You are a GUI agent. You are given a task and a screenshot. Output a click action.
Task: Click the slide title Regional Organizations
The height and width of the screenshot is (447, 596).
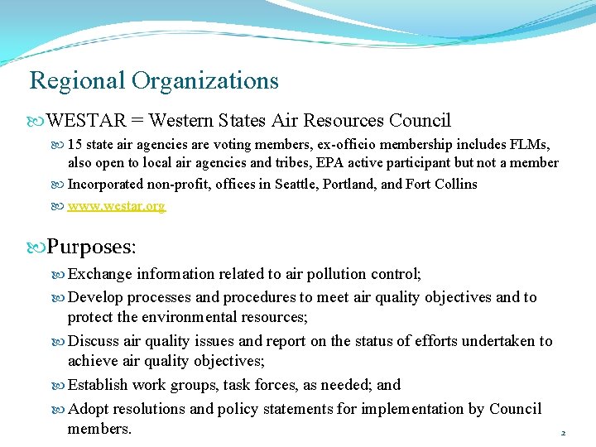click(154, 81)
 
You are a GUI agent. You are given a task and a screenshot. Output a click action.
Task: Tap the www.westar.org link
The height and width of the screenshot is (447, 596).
click(116, 205)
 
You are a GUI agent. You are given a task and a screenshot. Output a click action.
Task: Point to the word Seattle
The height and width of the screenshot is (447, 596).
click(296, 184)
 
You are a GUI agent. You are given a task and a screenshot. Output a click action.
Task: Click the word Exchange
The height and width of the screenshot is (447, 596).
click(100, 274)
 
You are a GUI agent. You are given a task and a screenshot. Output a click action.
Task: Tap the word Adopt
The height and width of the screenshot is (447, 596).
click(89, 408)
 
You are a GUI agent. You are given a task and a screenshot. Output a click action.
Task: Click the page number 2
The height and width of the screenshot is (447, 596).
click(563, 433)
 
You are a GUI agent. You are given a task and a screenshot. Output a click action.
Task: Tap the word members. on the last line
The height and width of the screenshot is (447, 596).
click(99, 429)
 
